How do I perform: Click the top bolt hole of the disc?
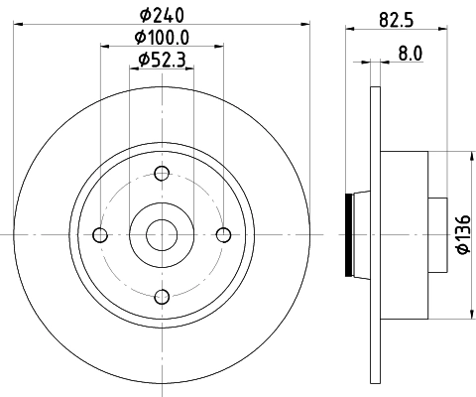(162, 175)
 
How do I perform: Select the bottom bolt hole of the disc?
(162, 295)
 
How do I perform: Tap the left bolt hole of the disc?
(100, 235)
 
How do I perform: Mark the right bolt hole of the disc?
(223, 235)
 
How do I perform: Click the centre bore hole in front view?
(162, 235)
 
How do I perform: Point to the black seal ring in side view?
(347, 235)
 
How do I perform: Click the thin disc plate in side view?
(374, 235)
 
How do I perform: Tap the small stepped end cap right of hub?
(437, 235)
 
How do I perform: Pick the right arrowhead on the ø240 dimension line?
(306, 25)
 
